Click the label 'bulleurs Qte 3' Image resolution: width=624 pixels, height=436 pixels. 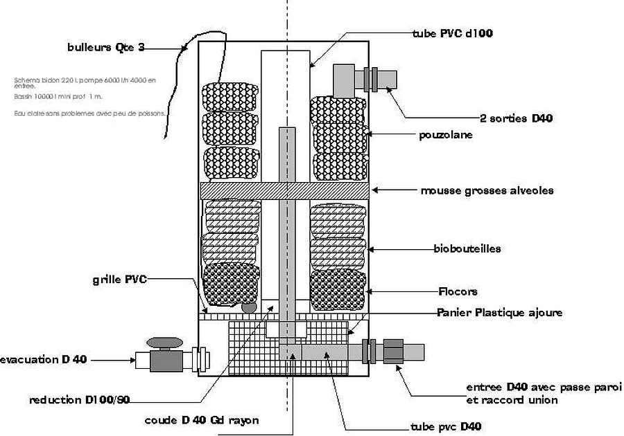pos(106,48)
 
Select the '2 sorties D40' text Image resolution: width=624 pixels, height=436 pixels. pos(516,118)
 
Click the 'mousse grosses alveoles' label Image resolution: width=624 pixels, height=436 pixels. pos(487,190)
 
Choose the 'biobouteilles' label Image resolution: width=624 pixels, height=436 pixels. pos(467,248)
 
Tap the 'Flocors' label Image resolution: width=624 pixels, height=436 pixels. pos(458,291)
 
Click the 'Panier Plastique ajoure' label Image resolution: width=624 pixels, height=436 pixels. pos(499,313)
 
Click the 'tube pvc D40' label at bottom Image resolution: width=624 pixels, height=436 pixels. pos(446,426)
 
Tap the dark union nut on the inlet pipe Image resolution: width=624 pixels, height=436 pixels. pos(392,351)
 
